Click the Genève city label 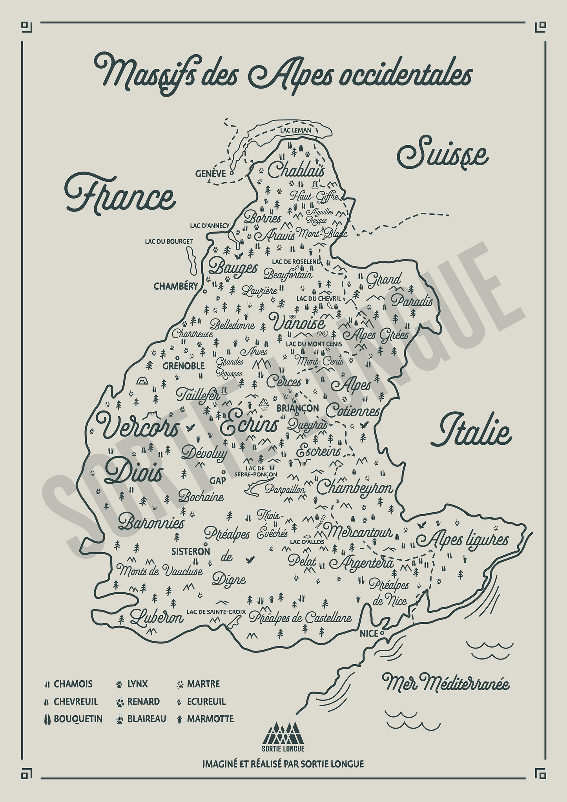coord(211,174)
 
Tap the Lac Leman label coord(295,130)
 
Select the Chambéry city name coord(176,286)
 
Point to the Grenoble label coord(184,366)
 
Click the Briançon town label coord(298,408)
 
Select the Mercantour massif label coord(359,532)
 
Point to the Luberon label coord(157,618)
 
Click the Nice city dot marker coord(382,633)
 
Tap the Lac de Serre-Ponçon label coord(255,471)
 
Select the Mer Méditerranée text coord(446,684)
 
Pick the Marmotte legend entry coord(205,719)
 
